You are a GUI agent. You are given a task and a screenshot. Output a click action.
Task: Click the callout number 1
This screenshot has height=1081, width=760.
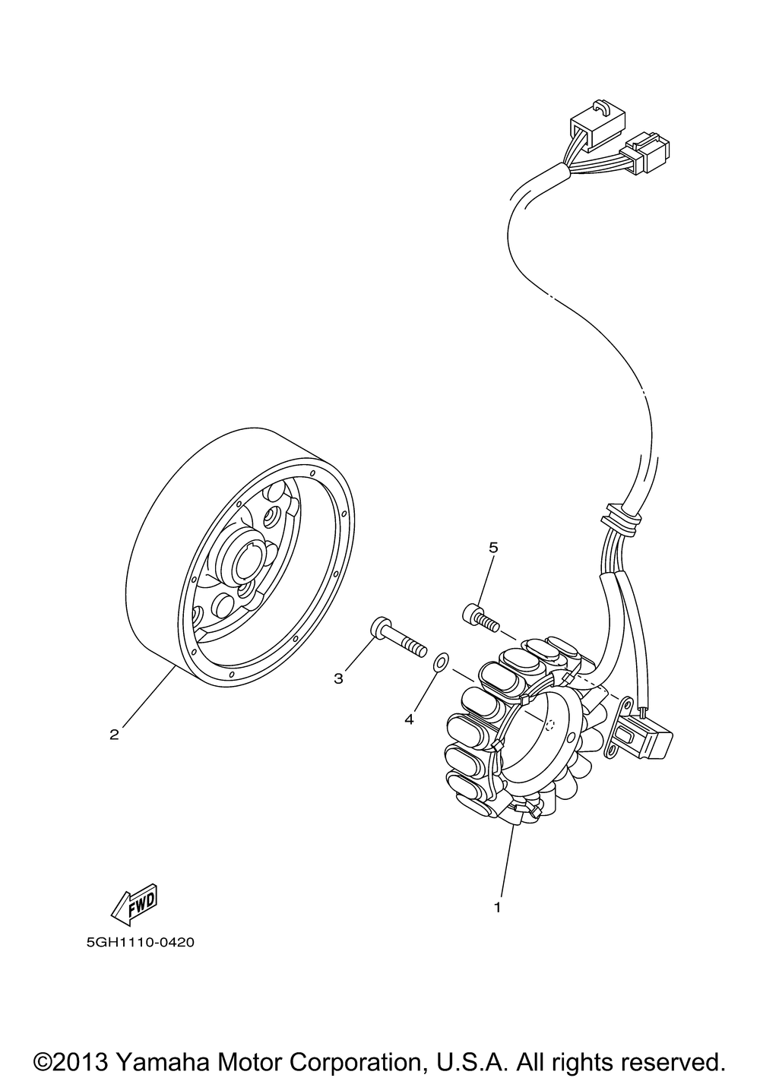498,906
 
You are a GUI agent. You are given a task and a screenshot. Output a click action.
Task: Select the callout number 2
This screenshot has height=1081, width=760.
114,734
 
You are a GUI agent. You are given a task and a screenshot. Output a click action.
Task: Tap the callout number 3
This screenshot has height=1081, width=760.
339,678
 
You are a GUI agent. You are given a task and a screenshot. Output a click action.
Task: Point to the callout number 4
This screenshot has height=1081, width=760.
409,719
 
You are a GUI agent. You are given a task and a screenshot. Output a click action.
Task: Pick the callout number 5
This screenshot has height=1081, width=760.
492,547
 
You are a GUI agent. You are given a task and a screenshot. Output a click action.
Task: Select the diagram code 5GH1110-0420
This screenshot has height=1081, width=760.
141,943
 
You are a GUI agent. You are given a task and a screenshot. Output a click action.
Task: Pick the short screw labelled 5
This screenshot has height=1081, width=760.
480,616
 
